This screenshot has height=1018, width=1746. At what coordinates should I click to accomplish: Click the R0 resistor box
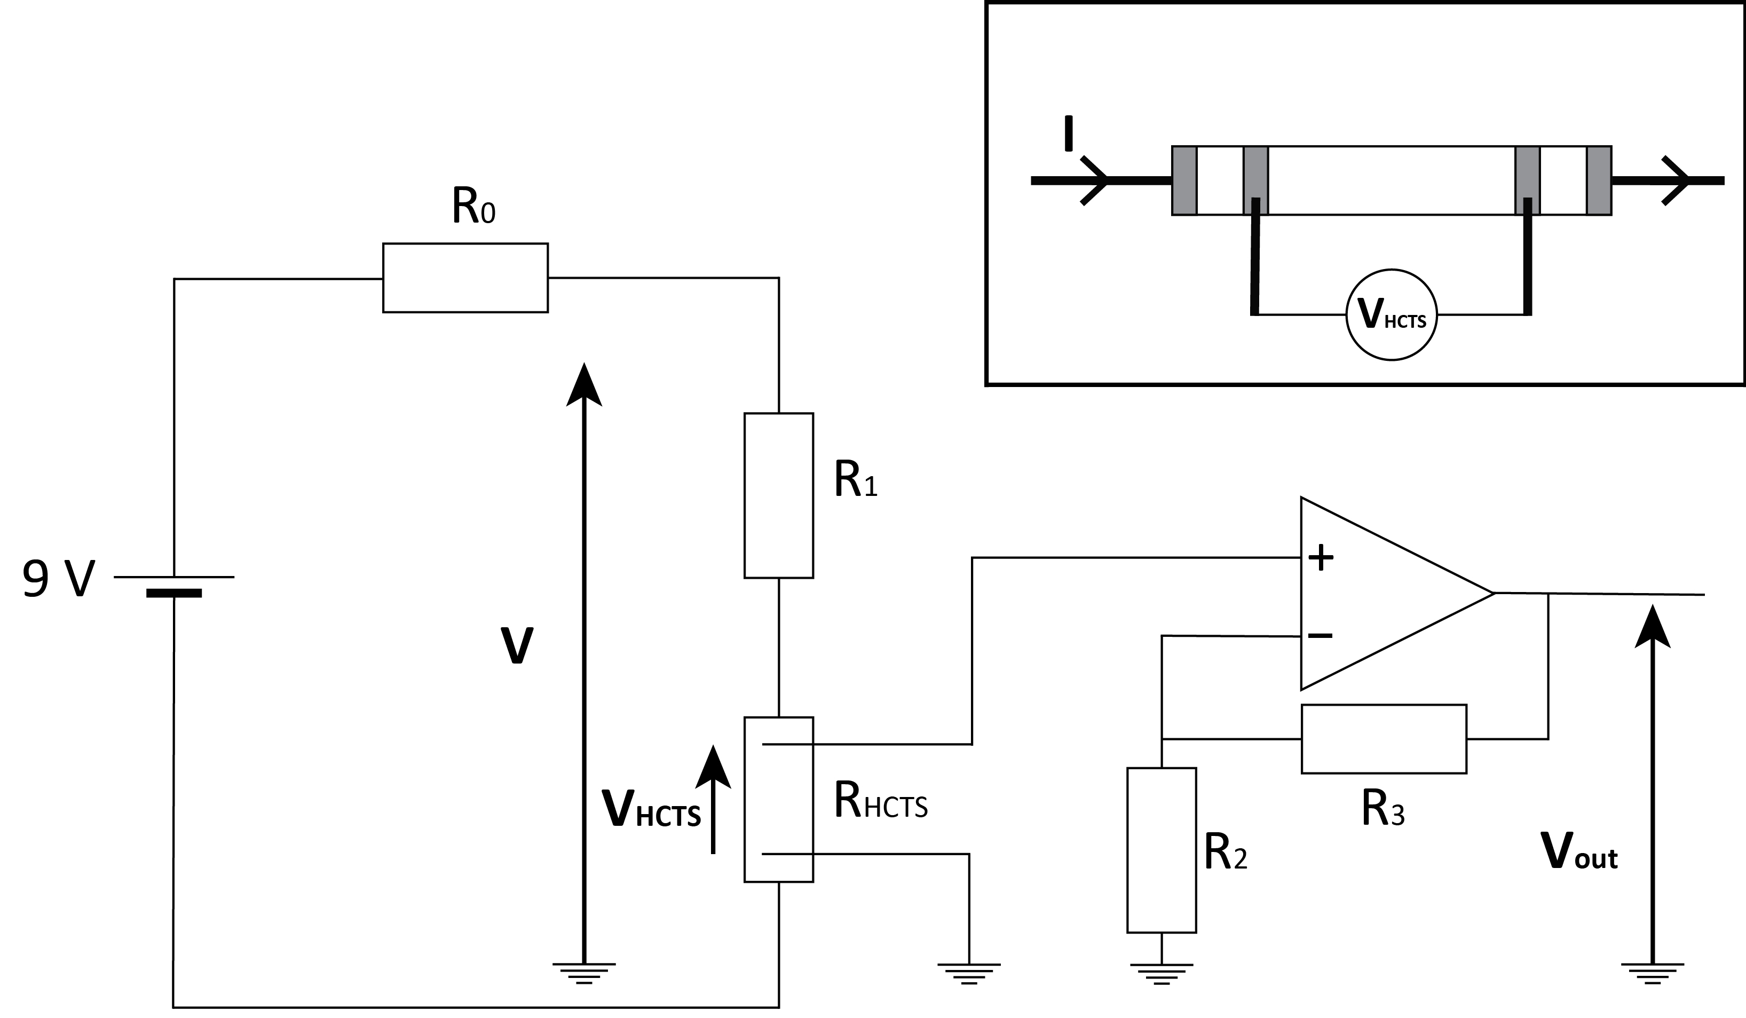click(x=465, y=278)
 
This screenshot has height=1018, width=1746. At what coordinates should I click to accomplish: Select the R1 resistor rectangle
click(x=778, y=495)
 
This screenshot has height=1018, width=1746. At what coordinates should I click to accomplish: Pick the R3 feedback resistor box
click(x=1384, y=739)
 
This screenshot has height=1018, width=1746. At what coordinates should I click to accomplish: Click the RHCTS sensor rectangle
click(x=778, y=800)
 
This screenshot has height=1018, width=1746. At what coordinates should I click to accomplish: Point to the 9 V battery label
click(x=58, y=579)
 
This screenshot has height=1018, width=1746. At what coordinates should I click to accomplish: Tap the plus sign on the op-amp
click(x=1321, y=557)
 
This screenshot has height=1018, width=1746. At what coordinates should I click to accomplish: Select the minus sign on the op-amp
click(x=1321, y=635)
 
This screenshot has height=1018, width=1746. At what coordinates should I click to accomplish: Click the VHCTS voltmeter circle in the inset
click(x=1391, y=314)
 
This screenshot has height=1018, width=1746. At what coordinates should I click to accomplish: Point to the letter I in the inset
click(x=1069, y=134)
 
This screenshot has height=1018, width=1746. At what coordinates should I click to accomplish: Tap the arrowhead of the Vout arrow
click(x=1653, y=627)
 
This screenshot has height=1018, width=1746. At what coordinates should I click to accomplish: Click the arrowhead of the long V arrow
click(x=584, y=385)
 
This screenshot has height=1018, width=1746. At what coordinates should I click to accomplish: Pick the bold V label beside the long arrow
click(x=516, y=645)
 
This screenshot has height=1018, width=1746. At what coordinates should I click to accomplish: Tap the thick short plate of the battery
click(x=174, y=593)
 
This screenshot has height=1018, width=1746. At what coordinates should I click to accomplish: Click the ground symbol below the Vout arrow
click(x=1653, y=973)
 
